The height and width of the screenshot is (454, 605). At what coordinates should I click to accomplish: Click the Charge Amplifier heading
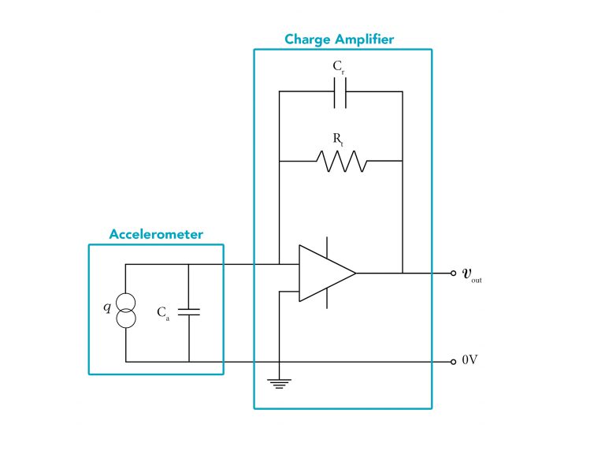click(x=339, y=39)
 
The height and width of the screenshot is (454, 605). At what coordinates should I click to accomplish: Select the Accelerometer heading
click(x=156, y=234)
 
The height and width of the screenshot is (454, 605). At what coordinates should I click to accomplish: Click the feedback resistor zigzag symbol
click(x=341, y=161)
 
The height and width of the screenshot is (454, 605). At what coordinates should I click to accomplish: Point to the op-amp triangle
click(x=323, y=273)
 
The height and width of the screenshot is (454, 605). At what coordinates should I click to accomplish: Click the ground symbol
click(x=278, y=384)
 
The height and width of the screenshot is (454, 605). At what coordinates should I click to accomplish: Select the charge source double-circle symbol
click(x=126, y=310)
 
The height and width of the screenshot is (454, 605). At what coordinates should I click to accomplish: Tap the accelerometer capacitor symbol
click(x=189, y=311)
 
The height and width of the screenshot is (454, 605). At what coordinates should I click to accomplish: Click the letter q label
click(x=108, y=307)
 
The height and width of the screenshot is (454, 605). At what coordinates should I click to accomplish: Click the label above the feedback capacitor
click(x=339, y=68)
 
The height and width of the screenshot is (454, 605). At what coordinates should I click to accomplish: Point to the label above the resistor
click(x=339, y=138)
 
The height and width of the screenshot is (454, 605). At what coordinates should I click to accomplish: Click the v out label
click(x=471, y=274)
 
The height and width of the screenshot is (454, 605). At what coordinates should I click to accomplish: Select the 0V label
click(x=470, y=361)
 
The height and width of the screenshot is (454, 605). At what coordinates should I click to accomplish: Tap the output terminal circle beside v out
click(x=453, y=273)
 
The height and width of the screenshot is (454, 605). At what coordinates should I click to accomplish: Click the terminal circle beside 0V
click(x=453, y=361)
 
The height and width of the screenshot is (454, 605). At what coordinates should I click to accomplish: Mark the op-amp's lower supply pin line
click(x=327, y=299)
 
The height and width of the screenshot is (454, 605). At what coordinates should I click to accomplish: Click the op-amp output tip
click(x=355, y=273)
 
